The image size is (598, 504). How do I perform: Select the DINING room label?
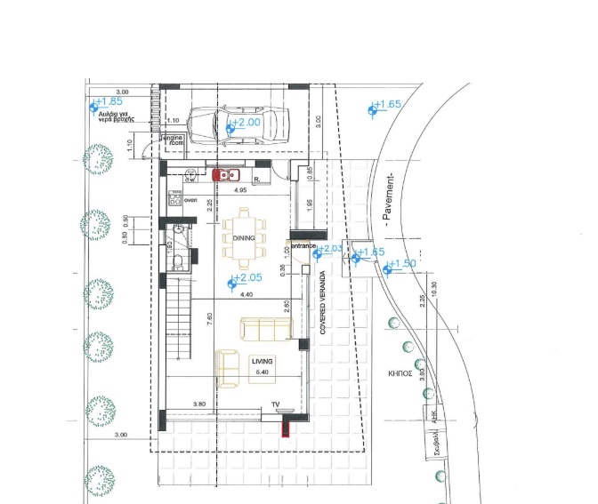pos(244,238)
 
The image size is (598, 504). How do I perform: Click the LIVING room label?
pos(261,361)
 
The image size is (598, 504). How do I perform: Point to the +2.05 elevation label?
pos(246,280)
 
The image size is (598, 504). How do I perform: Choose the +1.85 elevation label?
pos(109,102)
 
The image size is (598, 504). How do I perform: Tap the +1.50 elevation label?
pos(403,263)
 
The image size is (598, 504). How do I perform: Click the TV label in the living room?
pos(276,405)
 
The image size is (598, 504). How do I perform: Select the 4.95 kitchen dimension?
pos(240,191)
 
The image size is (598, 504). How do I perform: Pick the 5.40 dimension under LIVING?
pos(262,372)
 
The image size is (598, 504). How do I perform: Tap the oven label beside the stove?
pos(190,200)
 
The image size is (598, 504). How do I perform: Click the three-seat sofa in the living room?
pos(266,329)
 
